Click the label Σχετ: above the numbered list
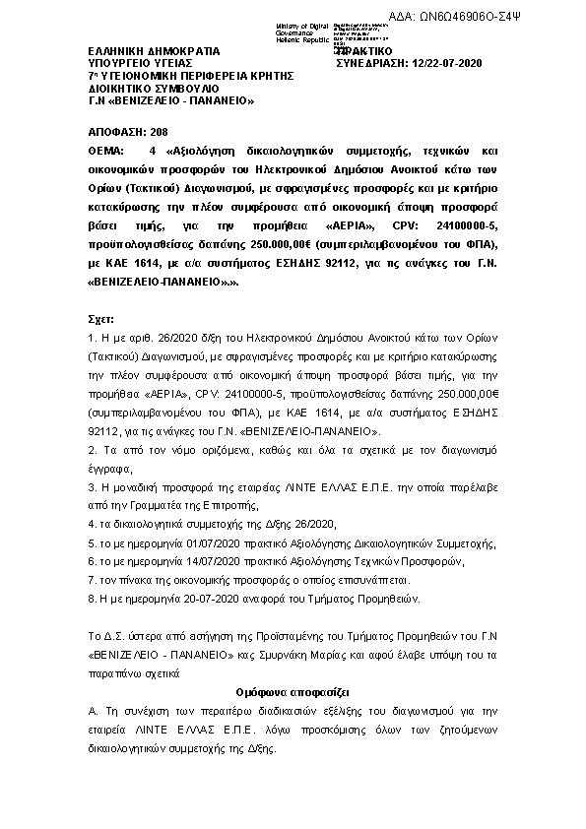coord(100,321)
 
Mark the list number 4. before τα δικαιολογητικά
coord(92,524)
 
